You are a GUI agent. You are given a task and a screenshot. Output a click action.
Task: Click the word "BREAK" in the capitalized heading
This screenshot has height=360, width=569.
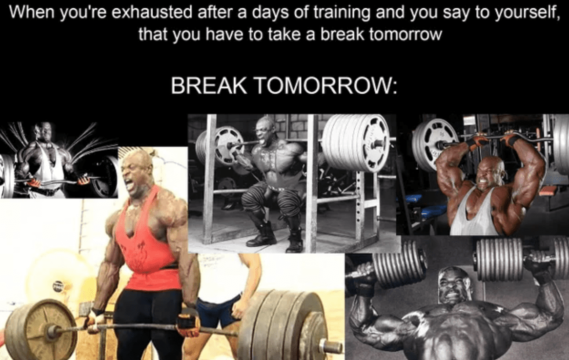tap(208, 86)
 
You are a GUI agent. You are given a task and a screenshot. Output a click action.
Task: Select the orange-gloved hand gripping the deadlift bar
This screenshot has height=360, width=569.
tap(188, 324)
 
